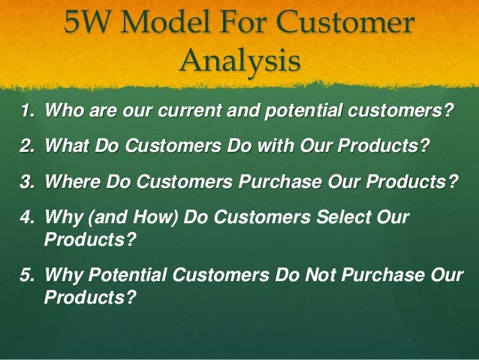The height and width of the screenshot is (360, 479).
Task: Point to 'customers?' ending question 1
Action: (x=406, y=113)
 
